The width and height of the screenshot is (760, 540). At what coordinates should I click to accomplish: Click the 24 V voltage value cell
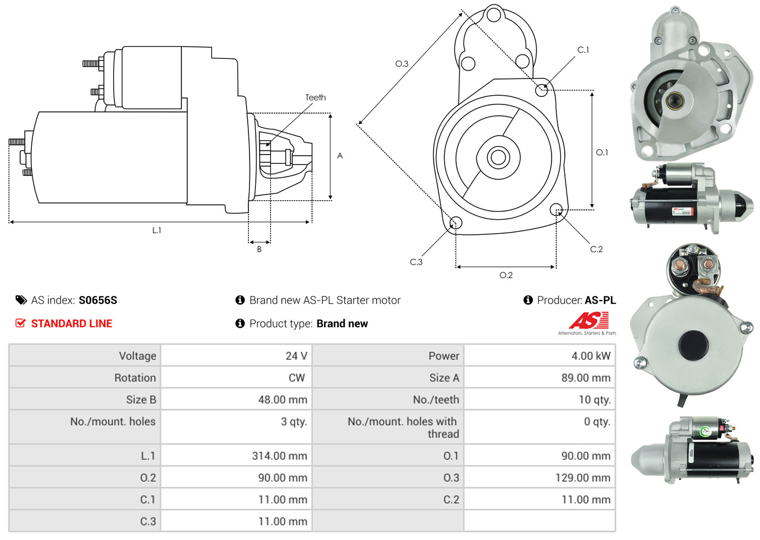[296, 356]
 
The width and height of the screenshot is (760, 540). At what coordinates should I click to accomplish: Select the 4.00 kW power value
[591, 356]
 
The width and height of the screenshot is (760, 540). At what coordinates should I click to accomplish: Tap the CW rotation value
[296, 378]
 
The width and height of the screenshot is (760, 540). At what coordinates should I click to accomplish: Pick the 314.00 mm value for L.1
[280, 456]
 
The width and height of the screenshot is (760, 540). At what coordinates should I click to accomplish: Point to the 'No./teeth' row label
[436, 400]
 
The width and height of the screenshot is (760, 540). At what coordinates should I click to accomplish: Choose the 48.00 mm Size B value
[282, 400]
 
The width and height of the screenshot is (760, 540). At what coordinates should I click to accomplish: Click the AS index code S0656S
[98, 300]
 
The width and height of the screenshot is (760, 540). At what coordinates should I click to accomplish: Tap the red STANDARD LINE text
[72, 324]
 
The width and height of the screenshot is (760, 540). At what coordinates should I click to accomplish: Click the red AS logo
[588, 321]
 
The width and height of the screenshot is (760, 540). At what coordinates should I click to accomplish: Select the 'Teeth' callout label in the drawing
[315, 97]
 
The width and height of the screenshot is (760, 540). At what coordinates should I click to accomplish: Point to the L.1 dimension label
[157, 230]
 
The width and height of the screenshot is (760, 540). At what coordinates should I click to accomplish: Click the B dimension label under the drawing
[259, 249]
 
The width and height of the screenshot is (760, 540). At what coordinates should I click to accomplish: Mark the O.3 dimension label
[401, 63]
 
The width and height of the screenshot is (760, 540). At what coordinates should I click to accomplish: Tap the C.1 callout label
[583, 50]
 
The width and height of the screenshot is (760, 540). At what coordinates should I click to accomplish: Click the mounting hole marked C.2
[556, 209]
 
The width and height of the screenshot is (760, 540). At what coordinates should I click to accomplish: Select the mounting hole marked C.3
[456, 223]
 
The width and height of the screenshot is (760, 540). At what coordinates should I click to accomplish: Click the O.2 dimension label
[506, 275]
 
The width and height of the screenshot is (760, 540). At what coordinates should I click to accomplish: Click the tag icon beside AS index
[21, 300]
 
